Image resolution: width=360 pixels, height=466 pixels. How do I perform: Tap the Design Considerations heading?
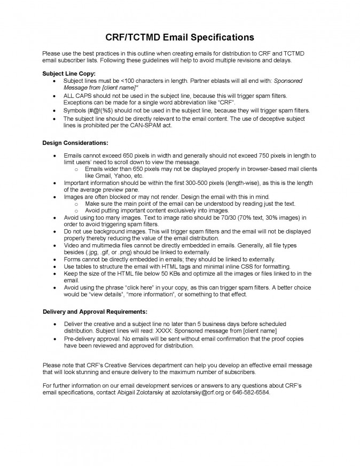pyautogui.click(x=75, y=143)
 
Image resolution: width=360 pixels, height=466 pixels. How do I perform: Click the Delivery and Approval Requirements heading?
pyautogui.click(x=95, y=311)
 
